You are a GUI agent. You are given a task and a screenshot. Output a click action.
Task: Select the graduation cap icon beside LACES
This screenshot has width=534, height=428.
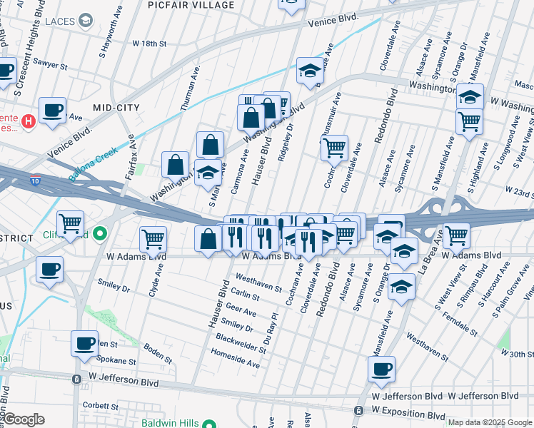tap(86, 21)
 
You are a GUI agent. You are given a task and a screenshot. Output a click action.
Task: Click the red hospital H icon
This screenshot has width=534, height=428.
tap(29, 121)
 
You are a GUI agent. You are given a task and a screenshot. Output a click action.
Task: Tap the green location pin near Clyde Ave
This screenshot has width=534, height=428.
tap(101, 233)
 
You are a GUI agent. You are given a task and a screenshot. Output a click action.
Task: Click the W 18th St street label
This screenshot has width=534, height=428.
tap(154, 44)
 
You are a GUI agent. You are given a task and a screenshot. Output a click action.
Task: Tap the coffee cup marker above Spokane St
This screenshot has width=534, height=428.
tap(84, 343)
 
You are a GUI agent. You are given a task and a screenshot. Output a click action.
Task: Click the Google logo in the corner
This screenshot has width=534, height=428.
tap(24, 419)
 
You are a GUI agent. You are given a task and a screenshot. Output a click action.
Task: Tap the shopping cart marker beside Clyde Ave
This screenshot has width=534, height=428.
tap(153, 238)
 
